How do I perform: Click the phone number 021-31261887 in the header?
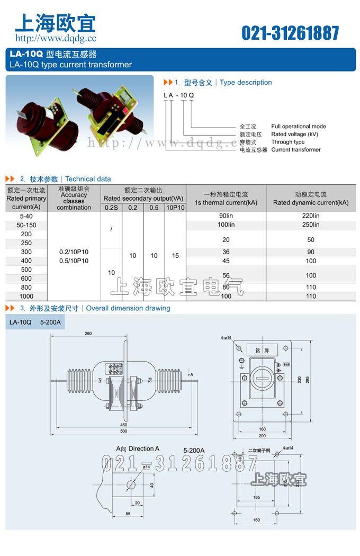pos(290,33)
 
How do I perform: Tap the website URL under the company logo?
pos(56,38)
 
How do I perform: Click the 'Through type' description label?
pos(288,142)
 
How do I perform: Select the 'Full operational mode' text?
pos(299,127)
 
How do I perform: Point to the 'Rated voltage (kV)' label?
pos(294,134)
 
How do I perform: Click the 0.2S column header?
pos(111,208)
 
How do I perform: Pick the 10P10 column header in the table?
pos(175,208)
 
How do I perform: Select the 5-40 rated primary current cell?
pos(26,216)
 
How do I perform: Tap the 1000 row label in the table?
pos(26,297)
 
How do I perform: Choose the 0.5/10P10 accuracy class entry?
pos(74,261)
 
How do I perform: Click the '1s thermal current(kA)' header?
pos(226,203)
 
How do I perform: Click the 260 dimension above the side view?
pos(88,333)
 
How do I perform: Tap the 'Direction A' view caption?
pos(138,449)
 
